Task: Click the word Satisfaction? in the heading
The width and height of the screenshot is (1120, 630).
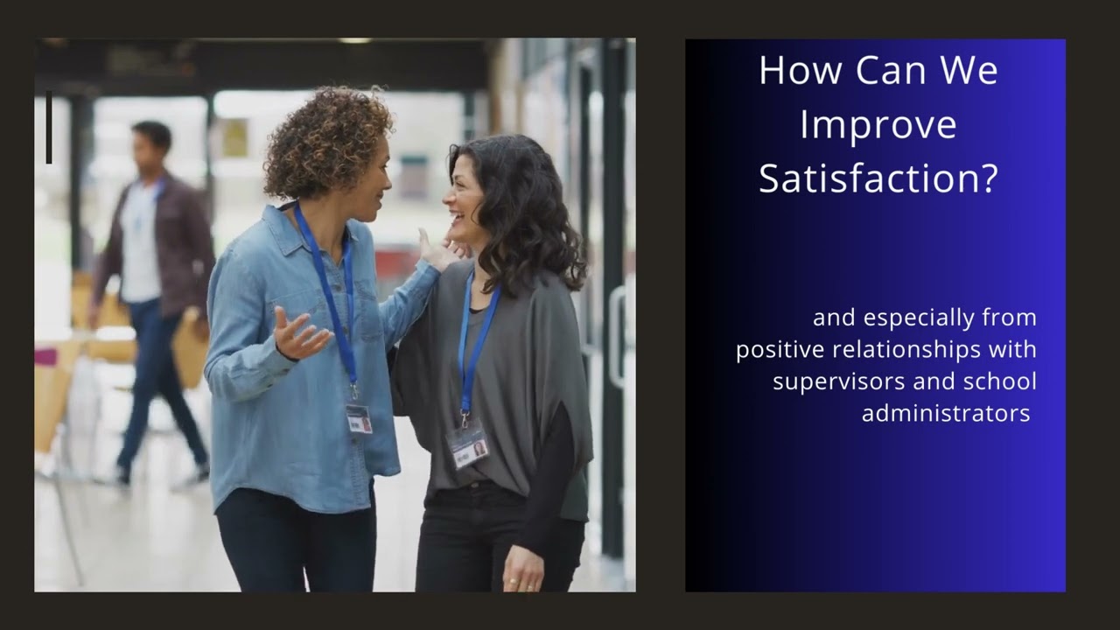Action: pyautogui.click(x=878, y=178)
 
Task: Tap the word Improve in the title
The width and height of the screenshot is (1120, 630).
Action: pyautogui.click(x=878, y=124)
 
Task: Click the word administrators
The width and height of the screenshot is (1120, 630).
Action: pyautogui.click(x=946, y=413)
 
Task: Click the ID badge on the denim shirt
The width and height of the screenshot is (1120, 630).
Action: pyautogui.click(x=359, y=418)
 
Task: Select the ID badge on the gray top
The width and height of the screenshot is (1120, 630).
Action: pyautogui.click(x=467, y=446)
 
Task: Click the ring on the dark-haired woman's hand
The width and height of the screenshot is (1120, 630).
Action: pyautogui.click(x=514, y=580)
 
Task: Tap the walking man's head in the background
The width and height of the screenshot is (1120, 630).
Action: pyautogui.click(x=151, y=144)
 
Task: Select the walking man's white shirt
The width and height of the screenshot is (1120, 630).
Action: pyautogui.click(x=140, y=245)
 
